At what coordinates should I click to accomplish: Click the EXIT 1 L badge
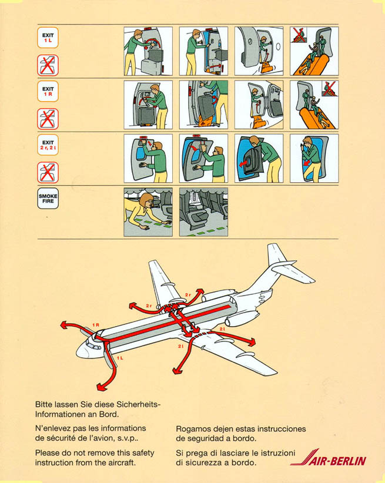[x=48, y=38]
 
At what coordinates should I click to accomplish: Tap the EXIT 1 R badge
[x=48, y=91]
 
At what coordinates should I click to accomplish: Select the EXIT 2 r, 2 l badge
[x=48, y=145]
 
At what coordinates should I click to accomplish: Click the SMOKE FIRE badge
[x=48, y=199]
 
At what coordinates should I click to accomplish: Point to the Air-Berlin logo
[x=329, y=457]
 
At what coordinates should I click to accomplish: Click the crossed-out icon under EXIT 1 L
[x=48, y=65]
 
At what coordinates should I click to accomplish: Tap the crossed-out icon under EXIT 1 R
[x=48, y=119]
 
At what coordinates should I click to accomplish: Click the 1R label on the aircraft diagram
[x=96, y=325]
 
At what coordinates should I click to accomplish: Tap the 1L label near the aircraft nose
[x=120, y=358]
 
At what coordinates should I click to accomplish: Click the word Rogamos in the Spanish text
[x=192, y=429]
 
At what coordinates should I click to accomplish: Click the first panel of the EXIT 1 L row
[x=148, y=51]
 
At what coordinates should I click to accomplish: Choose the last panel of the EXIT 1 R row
[x=314, y=105]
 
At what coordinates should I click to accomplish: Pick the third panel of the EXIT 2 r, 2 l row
[x=259, y=158]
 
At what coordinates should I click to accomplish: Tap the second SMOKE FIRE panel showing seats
[x=203, y=212]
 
